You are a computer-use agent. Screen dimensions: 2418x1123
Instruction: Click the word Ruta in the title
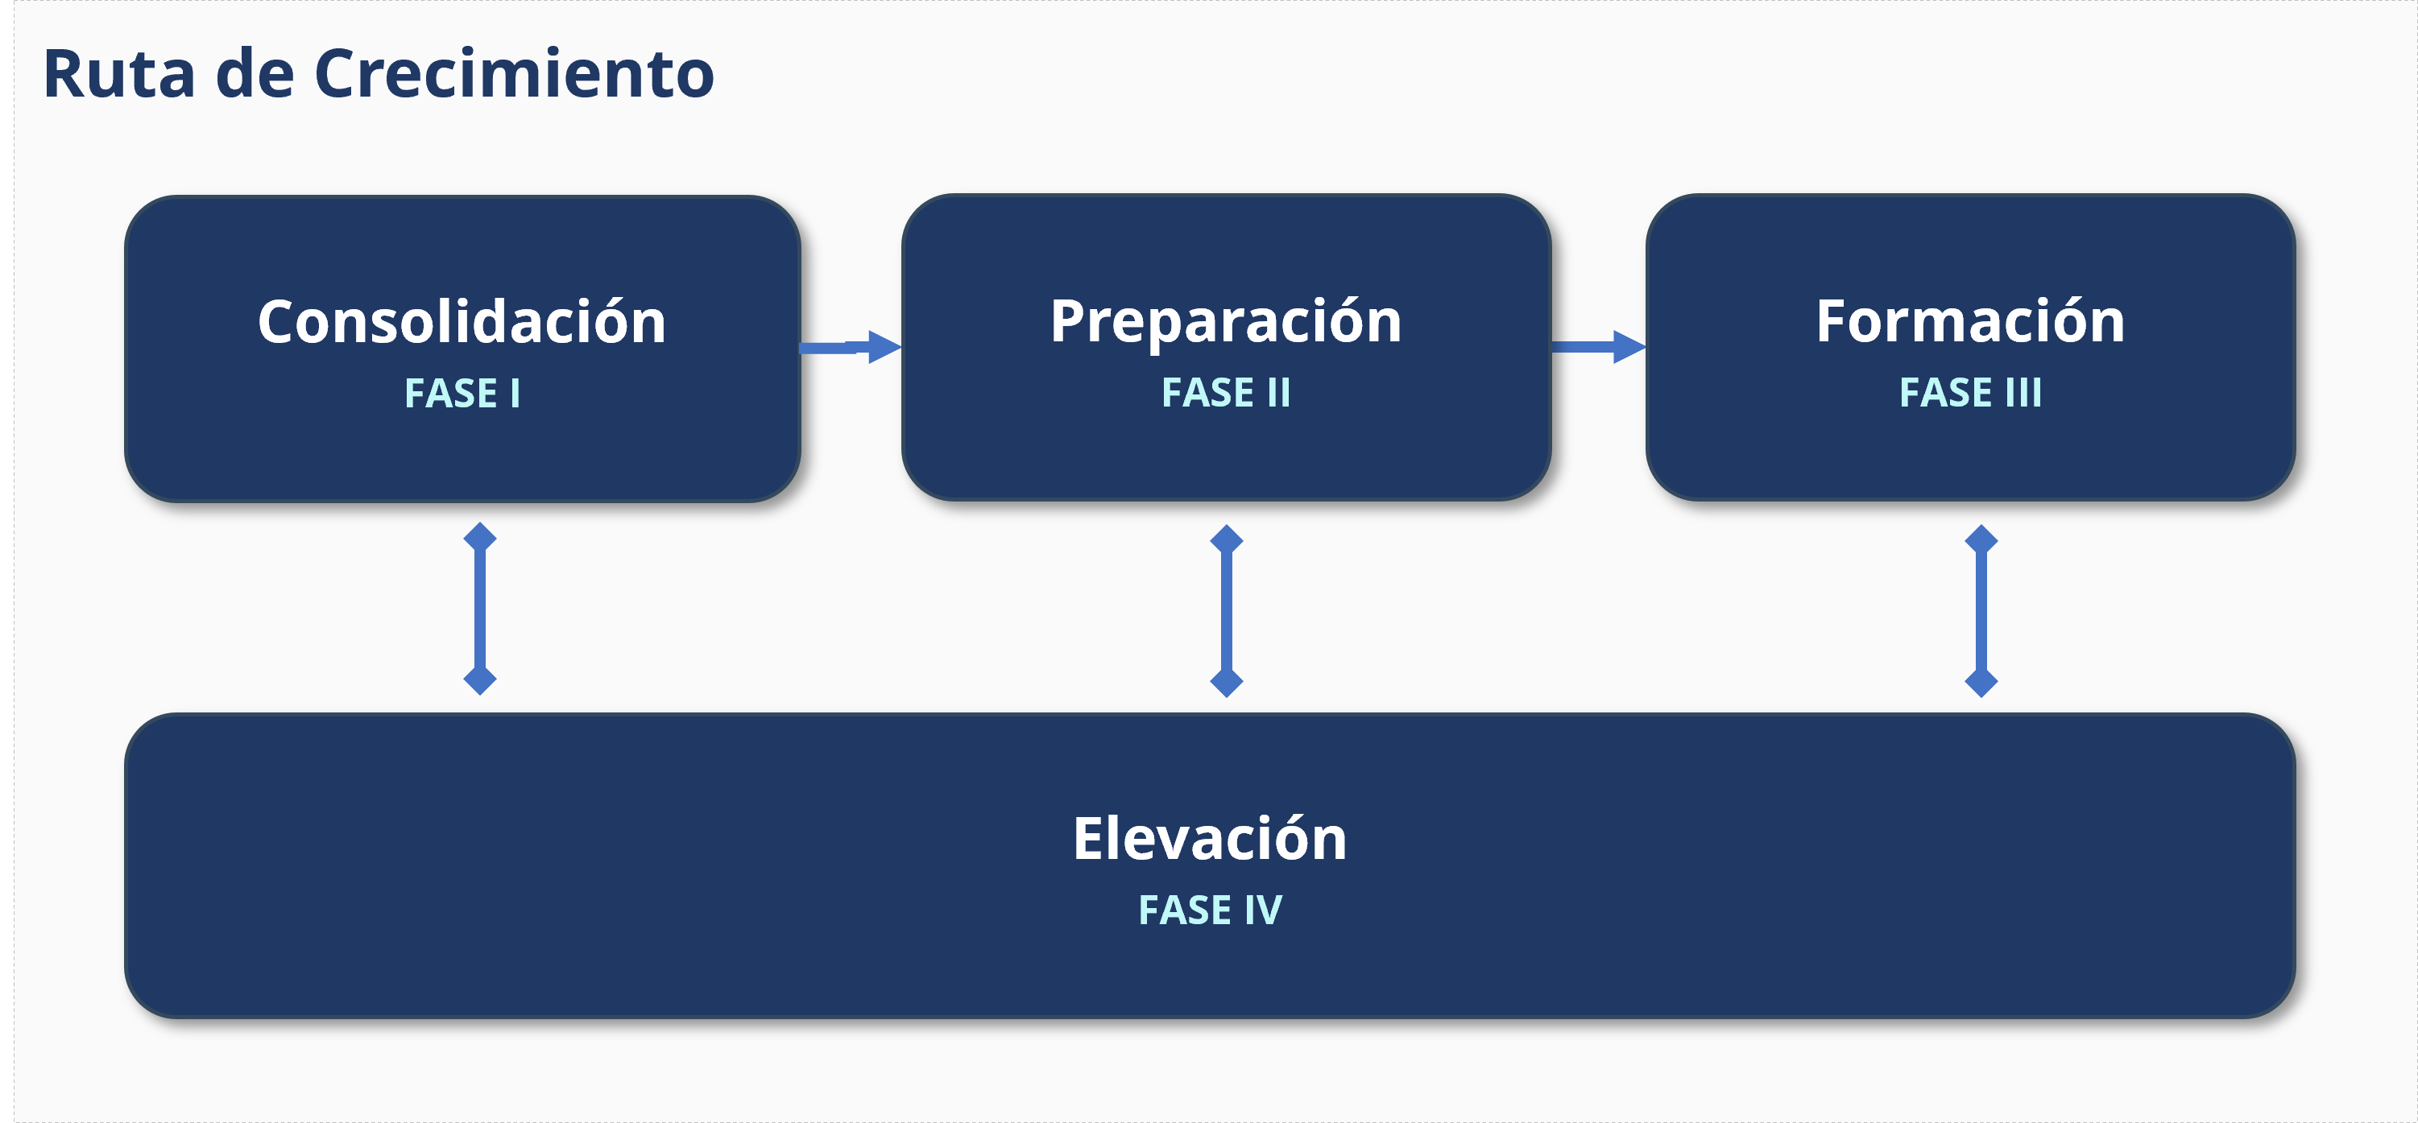coord(119,73)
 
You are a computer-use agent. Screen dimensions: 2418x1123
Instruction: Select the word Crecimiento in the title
coord(515,73)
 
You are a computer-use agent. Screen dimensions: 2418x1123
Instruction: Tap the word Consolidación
coord(462,321)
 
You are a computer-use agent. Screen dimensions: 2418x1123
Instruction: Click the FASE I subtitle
coord(462,393)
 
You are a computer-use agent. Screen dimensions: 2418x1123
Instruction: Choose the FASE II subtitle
coord(1226,392)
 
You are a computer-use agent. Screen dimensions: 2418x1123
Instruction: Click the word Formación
coord(1970,321)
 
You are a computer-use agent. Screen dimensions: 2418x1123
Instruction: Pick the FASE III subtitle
coord(1970,392)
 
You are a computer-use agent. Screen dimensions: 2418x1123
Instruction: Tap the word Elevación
coord(1210,838)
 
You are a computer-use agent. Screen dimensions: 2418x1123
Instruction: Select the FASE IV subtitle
coord(1210,910)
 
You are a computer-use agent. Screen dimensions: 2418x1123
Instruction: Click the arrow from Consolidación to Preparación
coord(851,347)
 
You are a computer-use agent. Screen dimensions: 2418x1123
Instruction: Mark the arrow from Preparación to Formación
coord(1599,347)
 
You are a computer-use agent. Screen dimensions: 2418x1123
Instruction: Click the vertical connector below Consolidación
coord(480,608)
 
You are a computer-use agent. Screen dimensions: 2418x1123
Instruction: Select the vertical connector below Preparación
coord(1226,611)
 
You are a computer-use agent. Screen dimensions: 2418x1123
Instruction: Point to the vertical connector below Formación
coord(1981,611)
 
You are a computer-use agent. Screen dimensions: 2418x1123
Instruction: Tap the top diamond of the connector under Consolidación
coord(480,538)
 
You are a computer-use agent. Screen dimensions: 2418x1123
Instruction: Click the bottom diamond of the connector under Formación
coord(1981,682)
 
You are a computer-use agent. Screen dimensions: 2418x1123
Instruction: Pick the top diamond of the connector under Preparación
coord(1226,539)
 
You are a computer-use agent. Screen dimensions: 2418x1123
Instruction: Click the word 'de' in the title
coord(255,73)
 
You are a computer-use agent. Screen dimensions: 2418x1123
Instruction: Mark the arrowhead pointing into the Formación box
coord(1629,347)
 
